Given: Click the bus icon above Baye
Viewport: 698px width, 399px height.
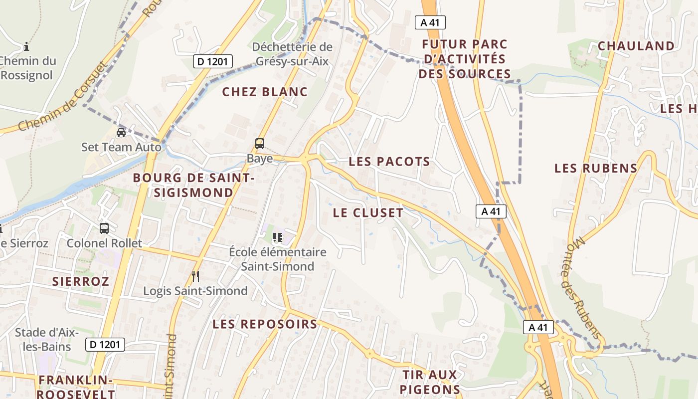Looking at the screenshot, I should (x=260, y=144).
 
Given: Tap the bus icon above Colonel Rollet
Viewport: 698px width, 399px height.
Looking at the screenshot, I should (x=104, y=228).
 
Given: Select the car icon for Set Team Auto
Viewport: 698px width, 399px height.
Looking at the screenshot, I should (x=121, y=133).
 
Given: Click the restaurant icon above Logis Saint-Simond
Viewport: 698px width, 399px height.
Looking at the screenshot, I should (x=195, y=276).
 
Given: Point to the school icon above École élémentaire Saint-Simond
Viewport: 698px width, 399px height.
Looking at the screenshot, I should (x=278, y=237).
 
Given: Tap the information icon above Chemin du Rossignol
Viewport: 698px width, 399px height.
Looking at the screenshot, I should (x=26, y=47).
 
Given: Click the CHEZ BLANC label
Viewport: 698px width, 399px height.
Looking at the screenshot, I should (x=265, y=92).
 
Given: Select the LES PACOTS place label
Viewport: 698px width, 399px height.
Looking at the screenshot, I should (x=389, y=162).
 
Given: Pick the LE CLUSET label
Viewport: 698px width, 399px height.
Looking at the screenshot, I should (x=368, y=212).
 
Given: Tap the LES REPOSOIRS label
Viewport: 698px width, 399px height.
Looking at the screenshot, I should (x=265, y=324).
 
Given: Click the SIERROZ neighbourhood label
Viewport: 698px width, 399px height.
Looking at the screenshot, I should (x=80, y=281).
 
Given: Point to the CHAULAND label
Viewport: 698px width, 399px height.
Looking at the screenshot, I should (x=636, y=46).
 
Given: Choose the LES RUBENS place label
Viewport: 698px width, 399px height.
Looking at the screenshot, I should (x=596, y=168).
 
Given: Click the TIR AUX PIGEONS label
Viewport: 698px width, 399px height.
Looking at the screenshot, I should (x=429, y=382).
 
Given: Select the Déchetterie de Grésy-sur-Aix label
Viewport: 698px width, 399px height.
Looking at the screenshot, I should (x=292, y=54).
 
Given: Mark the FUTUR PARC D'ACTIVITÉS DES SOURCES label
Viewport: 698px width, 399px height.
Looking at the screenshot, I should (x=465, y=59).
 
